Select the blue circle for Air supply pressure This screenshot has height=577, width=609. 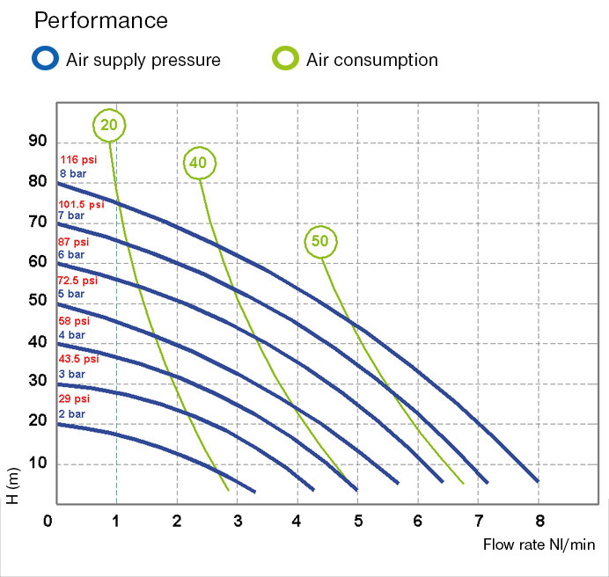[43, 59]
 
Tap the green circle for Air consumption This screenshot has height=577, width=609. [285, 59]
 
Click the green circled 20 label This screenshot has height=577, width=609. [109, 125]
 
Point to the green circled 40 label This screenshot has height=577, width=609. [200, 162]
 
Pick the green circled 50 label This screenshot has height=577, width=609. [321, 241]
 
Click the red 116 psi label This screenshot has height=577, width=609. [77, 160]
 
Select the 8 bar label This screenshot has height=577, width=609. [72, 173]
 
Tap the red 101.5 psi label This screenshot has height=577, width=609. [81, 203]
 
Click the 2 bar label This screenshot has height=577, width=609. [72, 413]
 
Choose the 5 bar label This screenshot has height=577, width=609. [72, 294]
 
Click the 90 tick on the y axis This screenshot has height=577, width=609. [38, 142]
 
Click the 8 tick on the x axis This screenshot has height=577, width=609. [539, 520]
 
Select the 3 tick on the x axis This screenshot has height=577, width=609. [238, 520]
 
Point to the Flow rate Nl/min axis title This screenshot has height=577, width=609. [539, 544]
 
